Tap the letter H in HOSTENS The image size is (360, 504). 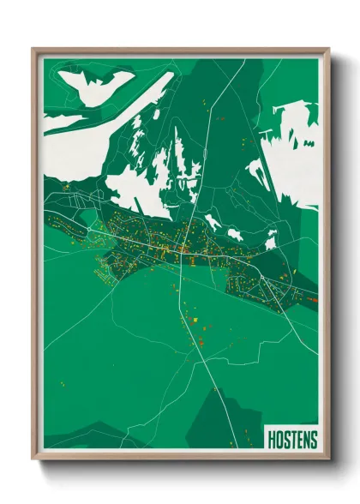click(272, 440)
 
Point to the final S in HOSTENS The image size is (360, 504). click(313, 440)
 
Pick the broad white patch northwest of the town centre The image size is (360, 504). click(137, 184)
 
